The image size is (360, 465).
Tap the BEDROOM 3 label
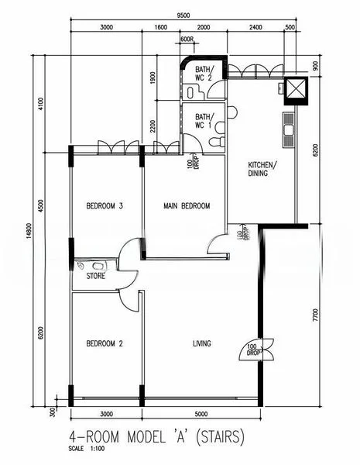click(105, 205)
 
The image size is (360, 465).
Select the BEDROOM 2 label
click(105, 343)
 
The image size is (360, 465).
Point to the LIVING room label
click(202, 343)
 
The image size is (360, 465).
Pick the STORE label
click(95, 275)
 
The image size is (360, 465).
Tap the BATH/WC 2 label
click(204, 73)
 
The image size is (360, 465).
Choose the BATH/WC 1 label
click(204, 120)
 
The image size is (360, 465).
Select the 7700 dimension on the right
click(315, 315)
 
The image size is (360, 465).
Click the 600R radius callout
click(187, 39)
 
